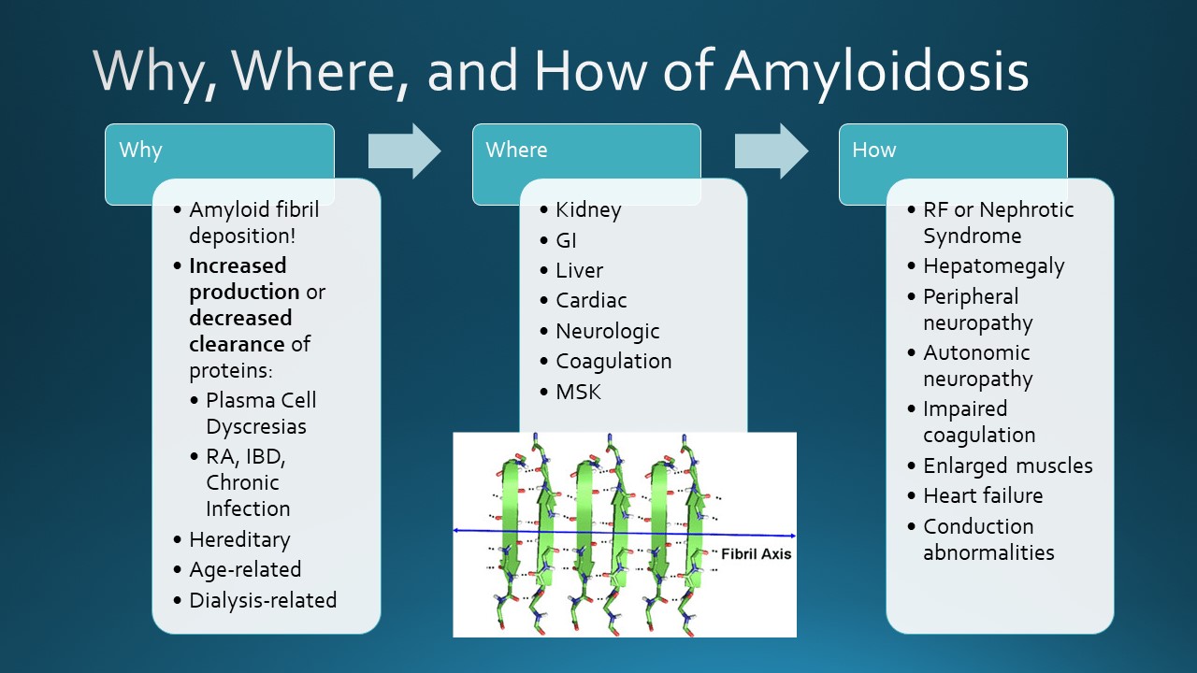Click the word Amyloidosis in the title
(x=876, y=72)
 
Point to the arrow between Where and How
(x=771, y=150)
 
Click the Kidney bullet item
(x=587, y=210)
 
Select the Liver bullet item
(x=579, y=271)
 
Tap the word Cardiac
(x=591, y=301)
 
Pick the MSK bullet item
(x=578, y=392)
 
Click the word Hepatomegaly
(x=993, y=266)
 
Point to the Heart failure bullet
(x=982, y=495)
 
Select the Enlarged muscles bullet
(x=1007, y=465)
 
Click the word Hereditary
(x=239, y=540)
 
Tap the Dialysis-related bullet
(x=262, y=600)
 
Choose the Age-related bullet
(x=244, y=570)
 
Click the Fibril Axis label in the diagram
(x=756, y=554)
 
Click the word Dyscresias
(x=256, y=426)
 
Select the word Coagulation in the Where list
(x=613, y=362)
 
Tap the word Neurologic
(x=607, y=332)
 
